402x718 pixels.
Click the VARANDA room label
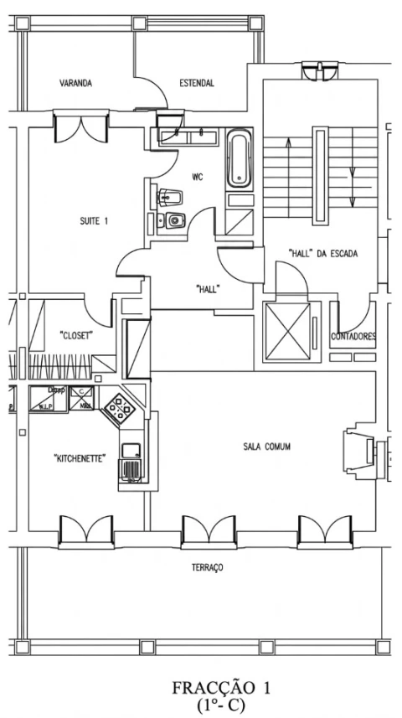75,84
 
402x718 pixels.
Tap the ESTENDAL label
197,84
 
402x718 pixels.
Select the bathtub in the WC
239,158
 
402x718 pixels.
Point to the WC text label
197,177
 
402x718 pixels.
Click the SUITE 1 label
94,222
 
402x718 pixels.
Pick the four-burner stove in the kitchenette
120,408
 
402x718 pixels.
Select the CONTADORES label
353,337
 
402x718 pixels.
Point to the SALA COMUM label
266,447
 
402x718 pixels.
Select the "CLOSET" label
76,335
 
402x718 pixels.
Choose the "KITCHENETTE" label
80,457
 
